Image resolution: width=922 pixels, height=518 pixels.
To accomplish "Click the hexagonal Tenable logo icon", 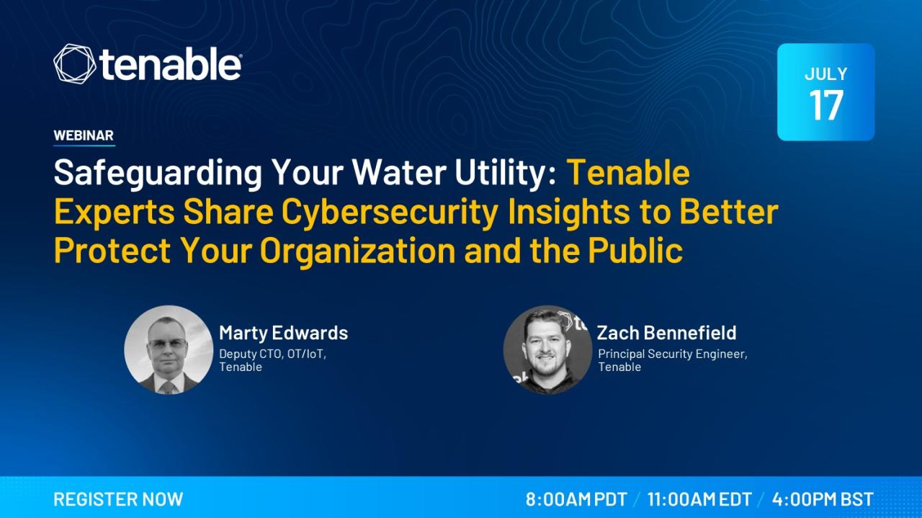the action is tap(74, 64).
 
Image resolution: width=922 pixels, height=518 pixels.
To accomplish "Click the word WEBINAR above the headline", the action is tap(84, 135).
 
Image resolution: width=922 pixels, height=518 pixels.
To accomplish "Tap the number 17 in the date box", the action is tap(826, 105).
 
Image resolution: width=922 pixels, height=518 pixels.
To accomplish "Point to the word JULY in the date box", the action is tap(826, 73).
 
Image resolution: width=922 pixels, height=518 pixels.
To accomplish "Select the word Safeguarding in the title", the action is tap(158, 173).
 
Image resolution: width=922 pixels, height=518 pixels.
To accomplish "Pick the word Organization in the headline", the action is tap(358, 251).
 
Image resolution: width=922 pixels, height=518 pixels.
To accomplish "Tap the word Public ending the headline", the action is tap(635, 249).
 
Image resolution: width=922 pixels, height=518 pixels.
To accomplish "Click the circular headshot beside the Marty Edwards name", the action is tap(169, 350).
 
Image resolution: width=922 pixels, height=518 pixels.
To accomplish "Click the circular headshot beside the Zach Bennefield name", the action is tap(548, 350).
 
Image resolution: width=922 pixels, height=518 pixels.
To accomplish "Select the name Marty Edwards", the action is tap(284, 333).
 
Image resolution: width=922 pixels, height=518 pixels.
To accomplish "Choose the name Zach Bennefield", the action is tap(667, 333).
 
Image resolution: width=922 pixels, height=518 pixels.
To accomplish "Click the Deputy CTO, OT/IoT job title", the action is tap(272, 354).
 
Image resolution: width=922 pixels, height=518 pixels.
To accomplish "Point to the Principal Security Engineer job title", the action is tap(673, 354).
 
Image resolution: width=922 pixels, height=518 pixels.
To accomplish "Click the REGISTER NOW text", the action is tap(119, 499).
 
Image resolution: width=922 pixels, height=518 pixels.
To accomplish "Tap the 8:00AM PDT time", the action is tap(576, 499).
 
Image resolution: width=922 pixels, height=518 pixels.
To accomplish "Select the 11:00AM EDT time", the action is tap(699, 499).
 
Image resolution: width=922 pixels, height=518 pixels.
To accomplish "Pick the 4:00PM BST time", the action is tap(823, 499).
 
